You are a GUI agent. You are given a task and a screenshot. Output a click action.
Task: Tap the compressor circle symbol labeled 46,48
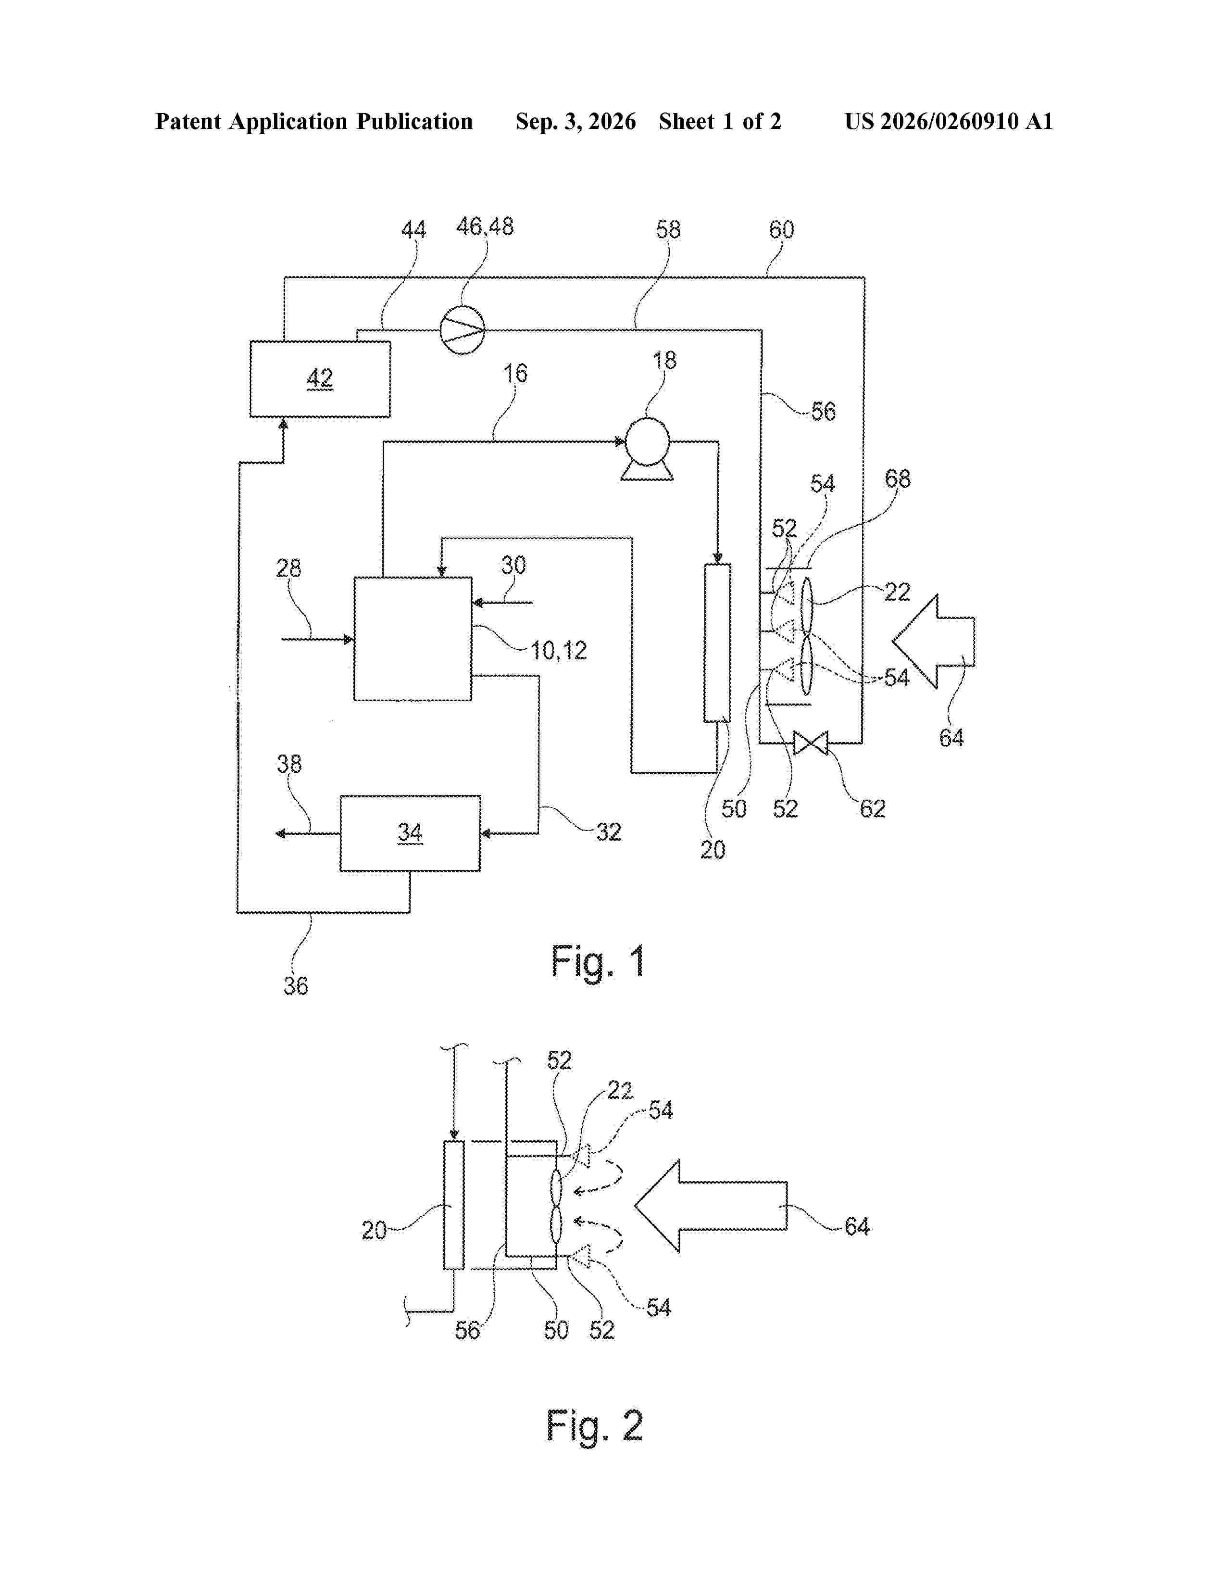pos(463,330)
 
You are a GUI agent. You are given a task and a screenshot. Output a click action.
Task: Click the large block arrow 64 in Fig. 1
pos(933,641)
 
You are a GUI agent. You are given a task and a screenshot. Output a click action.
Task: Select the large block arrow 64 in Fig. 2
pos(710,1206)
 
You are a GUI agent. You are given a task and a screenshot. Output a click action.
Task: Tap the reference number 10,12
pos(558,650)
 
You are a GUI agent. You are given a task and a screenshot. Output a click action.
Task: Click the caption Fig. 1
pos(598,962)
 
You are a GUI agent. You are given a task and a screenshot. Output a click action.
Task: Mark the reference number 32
pos(609,831)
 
